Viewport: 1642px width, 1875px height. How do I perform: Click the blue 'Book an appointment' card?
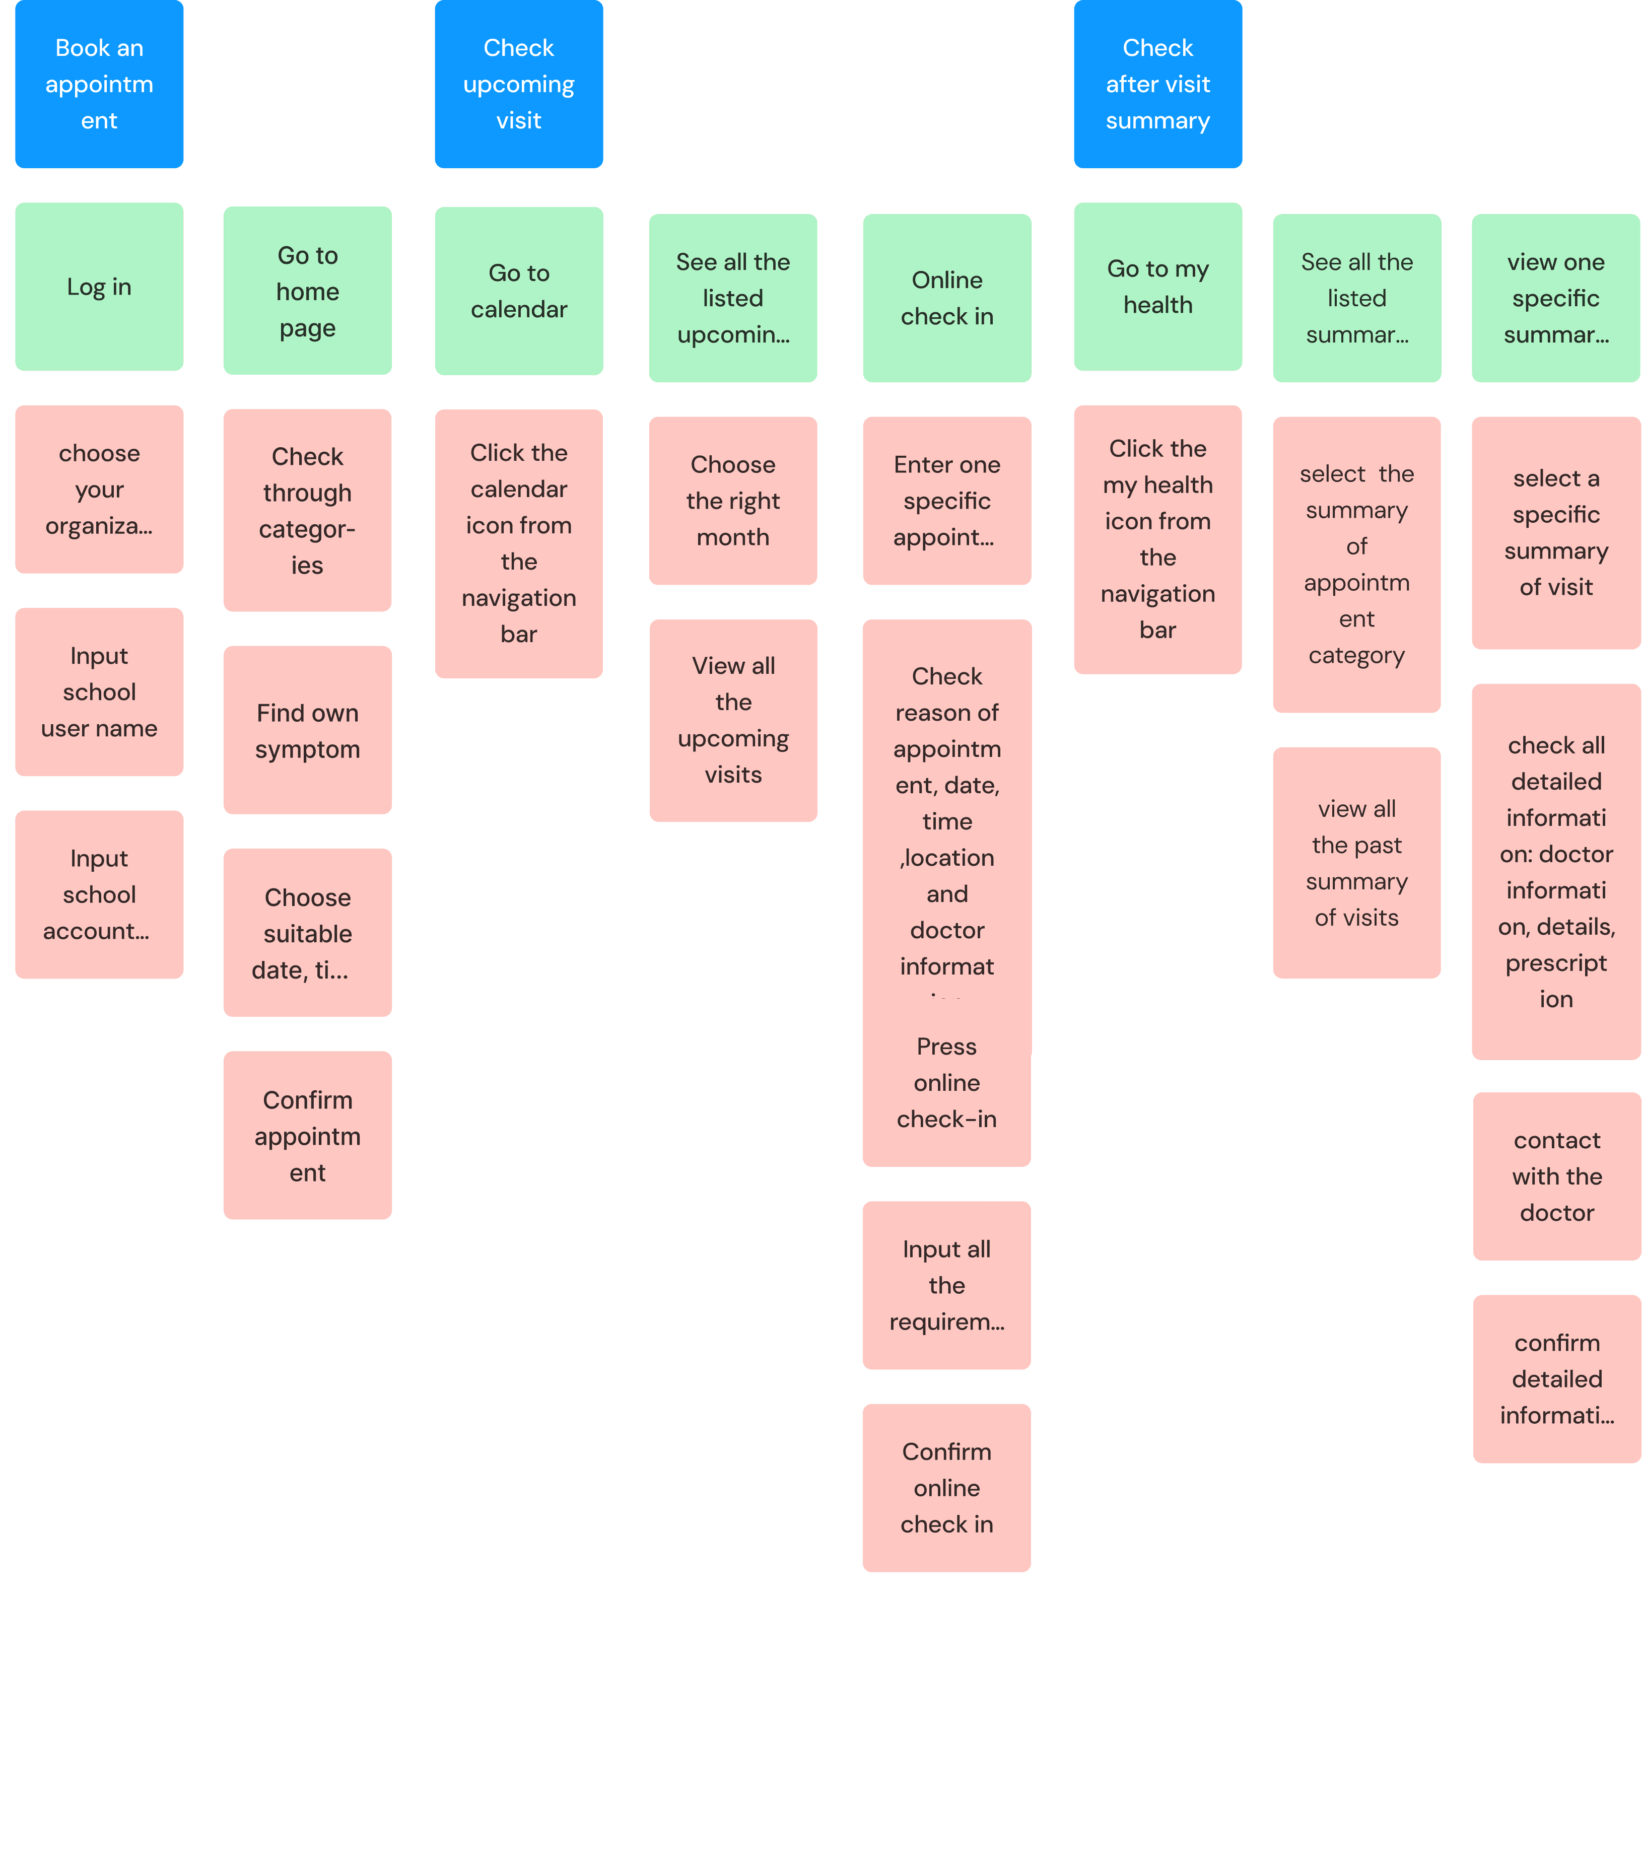[99, 84]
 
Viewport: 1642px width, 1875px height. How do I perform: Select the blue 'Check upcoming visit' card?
[519, 84]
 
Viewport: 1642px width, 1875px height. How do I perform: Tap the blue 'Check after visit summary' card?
[1157, 84]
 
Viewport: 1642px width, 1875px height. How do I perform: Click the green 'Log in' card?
[99, 287]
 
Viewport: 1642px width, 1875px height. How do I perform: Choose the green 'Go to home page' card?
[308, 291]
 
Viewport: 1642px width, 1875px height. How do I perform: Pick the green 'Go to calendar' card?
[519, 291]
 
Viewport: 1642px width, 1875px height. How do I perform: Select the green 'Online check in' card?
[946, 298]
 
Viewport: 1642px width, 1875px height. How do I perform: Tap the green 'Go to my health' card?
[1157, 287]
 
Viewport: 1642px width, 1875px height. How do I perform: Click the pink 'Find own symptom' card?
[308, 730]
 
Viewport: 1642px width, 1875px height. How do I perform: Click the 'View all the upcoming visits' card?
[733, 720]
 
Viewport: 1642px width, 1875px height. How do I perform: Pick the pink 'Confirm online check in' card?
[946, 1488]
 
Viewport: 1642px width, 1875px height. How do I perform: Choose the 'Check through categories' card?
[308, 510]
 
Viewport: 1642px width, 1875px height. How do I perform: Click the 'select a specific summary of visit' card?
[1556, 532]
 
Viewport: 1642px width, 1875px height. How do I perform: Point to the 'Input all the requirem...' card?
[946, 1285]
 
